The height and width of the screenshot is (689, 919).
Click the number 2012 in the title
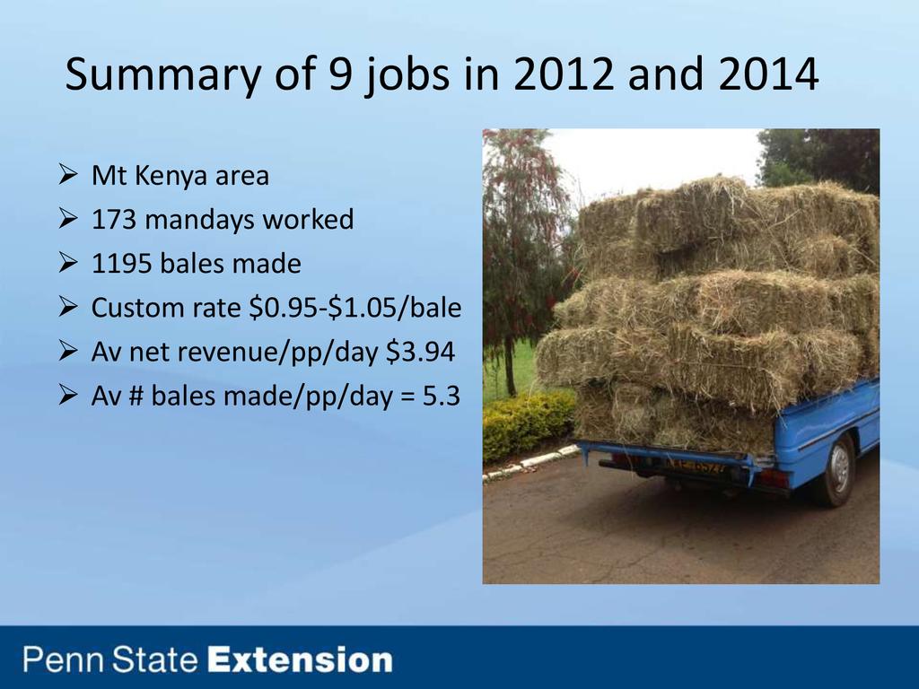pyautogui.click(x=564, y=74)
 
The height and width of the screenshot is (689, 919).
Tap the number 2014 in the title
pyautogui.click(x=768, y=74)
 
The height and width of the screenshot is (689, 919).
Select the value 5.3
pyautogui.click(x=441, y=396)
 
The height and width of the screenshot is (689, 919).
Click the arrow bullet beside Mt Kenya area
pyautogui.click(x=68, y=175)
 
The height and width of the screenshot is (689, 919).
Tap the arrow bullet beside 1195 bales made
pyautogui.click(x=68, y=263)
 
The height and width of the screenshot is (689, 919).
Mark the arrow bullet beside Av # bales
pyautogui.click(x=68, y=395)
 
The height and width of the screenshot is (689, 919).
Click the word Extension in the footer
pyautogui.click(x=301, y=659)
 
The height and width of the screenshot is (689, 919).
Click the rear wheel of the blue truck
pyautogui.click(x=836, y=470)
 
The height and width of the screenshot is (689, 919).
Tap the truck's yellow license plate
pyautogui.click(x=696, y=467)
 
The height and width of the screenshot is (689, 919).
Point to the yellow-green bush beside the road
pyautogui.click(x=528, y=423)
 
